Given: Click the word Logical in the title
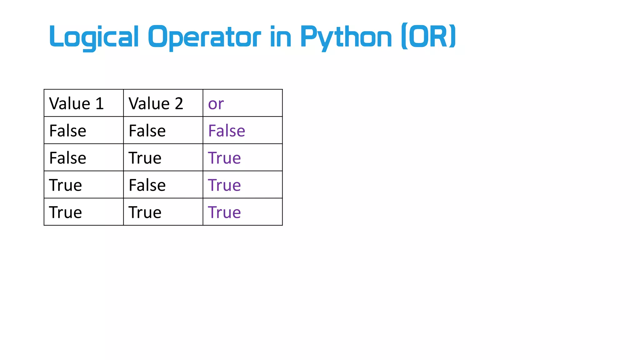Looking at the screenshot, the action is (x=94, y=37).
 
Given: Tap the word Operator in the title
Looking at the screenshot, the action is (x=204, y=37).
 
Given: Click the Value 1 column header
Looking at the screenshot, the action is (x=77, y=103).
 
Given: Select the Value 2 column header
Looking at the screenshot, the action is (x=156, y=103).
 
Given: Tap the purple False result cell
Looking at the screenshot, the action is (x=227, y=131).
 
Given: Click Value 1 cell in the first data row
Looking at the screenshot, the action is (x=68, y=131).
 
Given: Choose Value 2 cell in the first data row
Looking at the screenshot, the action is (x=147, y=131).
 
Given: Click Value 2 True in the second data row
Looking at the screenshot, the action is (x=145, y=158).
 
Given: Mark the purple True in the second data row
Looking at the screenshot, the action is (x=224, y=158).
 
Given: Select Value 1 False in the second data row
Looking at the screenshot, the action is (x=68, y=158).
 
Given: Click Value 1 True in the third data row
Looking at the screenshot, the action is (x=66, y=185).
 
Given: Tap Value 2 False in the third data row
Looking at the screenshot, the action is (x=147, y=185).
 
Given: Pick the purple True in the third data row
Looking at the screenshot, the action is (x=224, y=185).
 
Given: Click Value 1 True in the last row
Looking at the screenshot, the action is (x=66, y=212).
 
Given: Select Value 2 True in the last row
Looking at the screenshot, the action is (x=145, y=212).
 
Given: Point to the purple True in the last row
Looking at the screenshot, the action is (x=224, y=212).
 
